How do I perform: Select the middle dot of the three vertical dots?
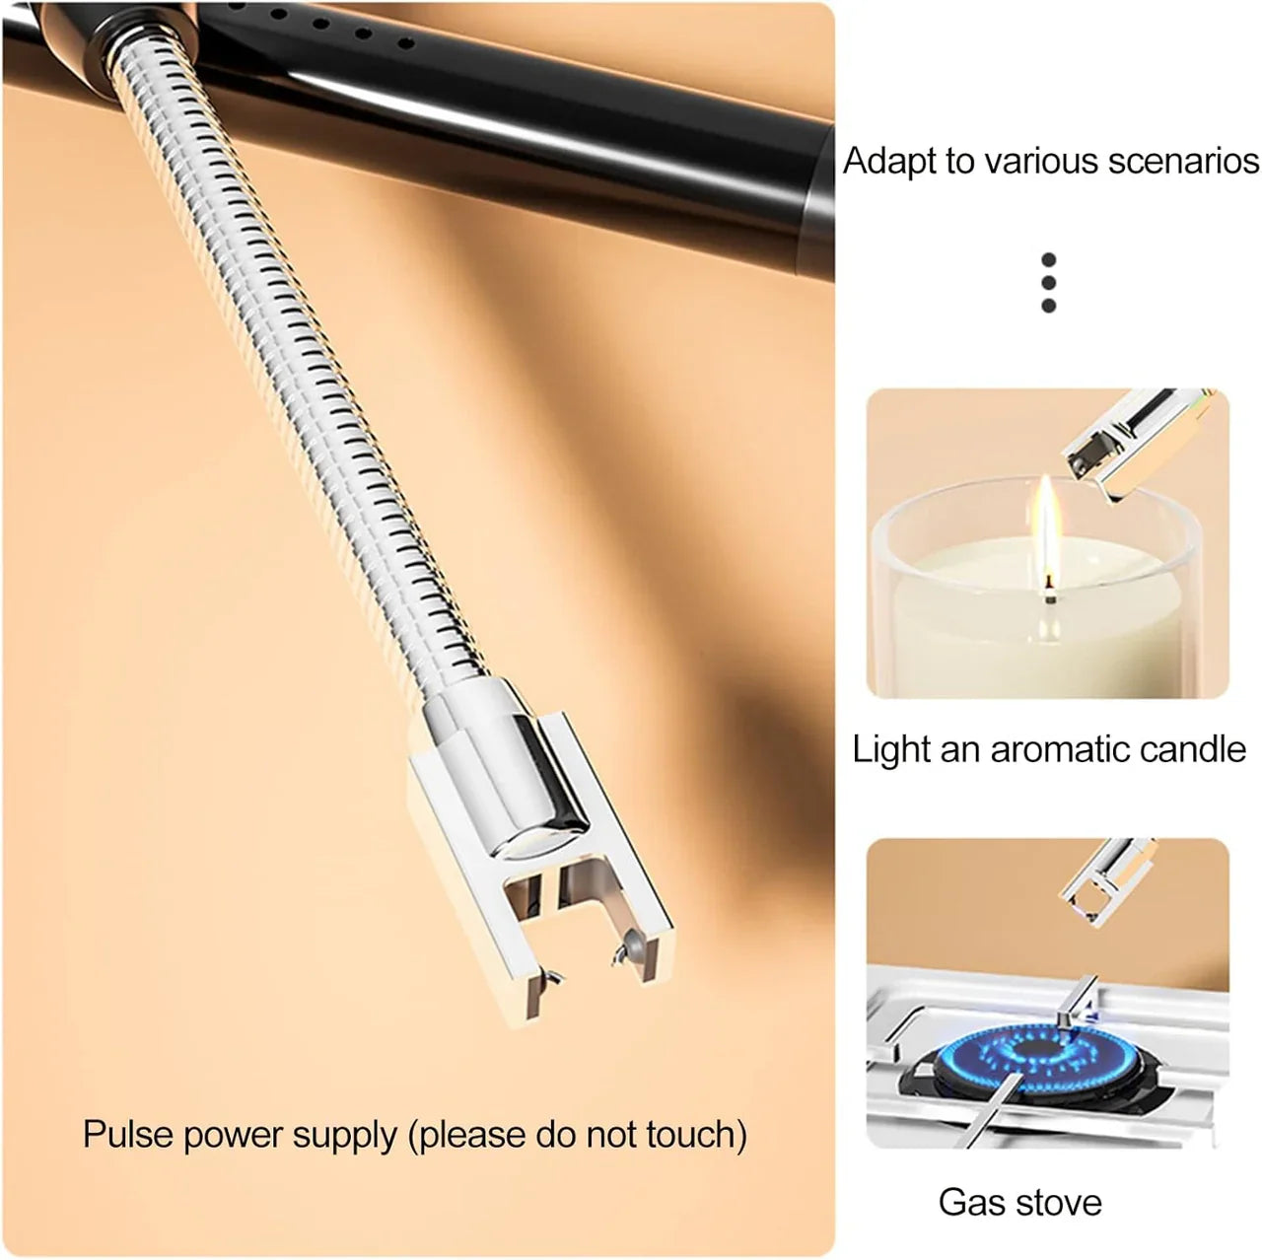click(x=1048, y=283)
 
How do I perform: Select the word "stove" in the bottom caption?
click(x=1057, y=1202)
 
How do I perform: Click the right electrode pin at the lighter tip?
click(x=623, y=951)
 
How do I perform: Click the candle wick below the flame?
click(x=1049, y=595)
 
